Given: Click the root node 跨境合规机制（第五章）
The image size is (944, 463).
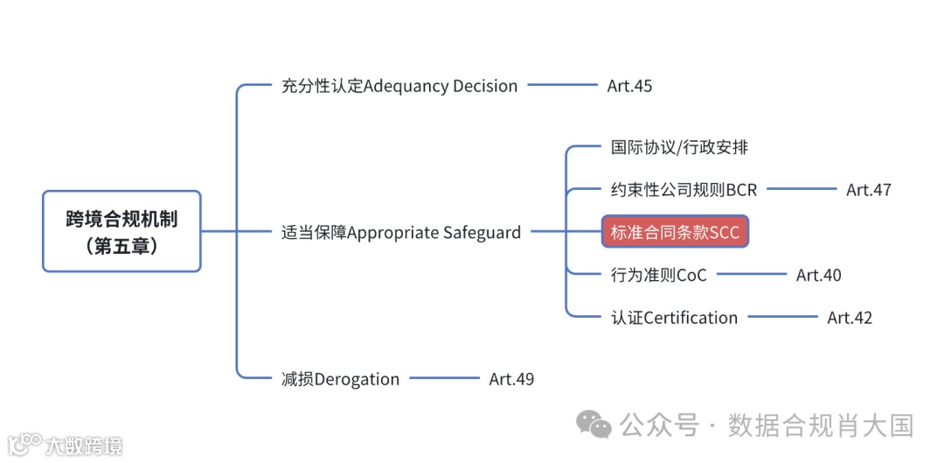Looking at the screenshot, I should pos(121,231).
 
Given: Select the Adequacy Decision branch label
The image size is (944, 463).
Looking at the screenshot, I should pos(399,86).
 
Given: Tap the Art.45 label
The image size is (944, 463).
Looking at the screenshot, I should pos(629,86).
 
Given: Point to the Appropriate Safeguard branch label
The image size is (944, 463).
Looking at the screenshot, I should pos(401,232).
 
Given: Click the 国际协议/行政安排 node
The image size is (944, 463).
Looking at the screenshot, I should pos(679,147).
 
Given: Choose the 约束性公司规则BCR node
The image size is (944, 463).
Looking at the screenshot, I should pos(684,189).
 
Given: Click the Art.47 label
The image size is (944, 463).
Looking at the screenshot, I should pos(868,189).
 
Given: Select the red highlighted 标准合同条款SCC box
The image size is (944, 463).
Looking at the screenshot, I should pos(675,232).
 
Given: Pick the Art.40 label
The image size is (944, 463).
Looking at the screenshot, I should pos(818,275).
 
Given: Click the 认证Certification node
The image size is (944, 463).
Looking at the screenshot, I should pos(674,318).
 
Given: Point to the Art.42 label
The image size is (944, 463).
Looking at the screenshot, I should pos(850,318).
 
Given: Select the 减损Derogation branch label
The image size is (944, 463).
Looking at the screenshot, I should pos(340,379).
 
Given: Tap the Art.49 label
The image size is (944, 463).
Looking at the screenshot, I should pos(511,379).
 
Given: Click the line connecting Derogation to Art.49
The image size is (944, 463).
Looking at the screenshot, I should pos(444,378).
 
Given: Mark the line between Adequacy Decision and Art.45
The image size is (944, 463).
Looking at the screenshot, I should pos(562,86).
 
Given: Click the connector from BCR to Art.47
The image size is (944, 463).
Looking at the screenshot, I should pos(801,189).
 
